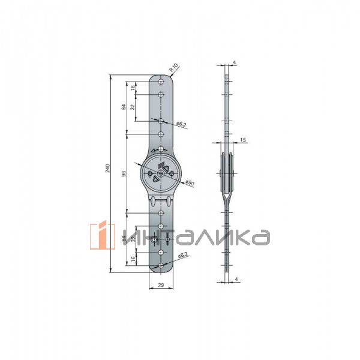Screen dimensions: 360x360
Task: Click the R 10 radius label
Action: [x=173, y=68]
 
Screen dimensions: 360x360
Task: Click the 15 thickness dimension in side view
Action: [x=242, y=140]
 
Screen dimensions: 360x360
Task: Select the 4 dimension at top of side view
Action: [x=235, y=62]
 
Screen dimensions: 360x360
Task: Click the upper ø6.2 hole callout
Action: [x=181, y=124]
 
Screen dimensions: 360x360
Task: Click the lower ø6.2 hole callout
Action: [x=182, y=256]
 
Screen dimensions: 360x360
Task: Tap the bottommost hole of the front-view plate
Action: [x=161, y=265]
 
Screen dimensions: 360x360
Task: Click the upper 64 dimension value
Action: [x=124, y=107]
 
